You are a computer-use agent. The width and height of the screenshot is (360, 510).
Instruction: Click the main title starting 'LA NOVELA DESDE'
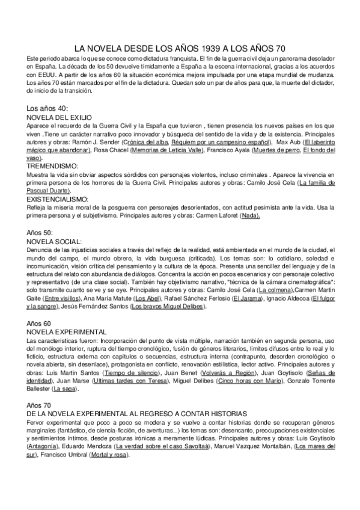pyautogui.click(x=180, y=47)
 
